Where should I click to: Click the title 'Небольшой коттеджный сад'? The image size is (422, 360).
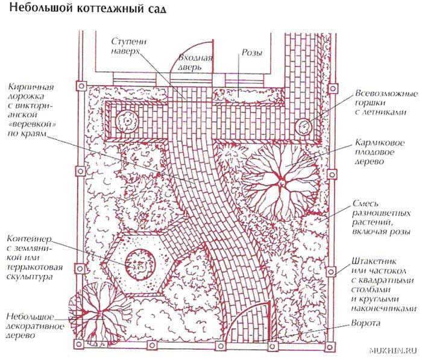point(87,8)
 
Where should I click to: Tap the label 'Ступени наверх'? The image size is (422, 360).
point(129,46)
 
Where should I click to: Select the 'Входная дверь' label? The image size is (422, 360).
point(195,63)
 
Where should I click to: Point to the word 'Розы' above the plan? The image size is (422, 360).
point(251,52)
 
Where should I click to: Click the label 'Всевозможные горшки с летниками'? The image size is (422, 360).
point(386,103)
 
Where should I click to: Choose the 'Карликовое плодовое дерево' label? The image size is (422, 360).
point(379,152)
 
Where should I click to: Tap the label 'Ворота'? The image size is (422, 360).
point(366,323)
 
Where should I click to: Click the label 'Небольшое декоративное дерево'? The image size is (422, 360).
point(35,326)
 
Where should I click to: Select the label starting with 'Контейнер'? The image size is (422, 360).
point(34,257)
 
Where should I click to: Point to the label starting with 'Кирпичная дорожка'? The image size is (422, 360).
point(31,110)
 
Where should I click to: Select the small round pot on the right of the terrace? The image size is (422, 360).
point(304,126)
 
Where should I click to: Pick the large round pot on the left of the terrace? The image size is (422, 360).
point(127,121)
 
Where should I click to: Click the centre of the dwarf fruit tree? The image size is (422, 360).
point(282,183)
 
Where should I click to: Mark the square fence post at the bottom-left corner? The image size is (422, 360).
point(78,344)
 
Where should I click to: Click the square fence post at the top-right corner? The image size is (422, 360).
point(333,88)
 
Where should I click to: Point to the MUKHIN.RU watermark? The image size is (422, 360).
point(394,350)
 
